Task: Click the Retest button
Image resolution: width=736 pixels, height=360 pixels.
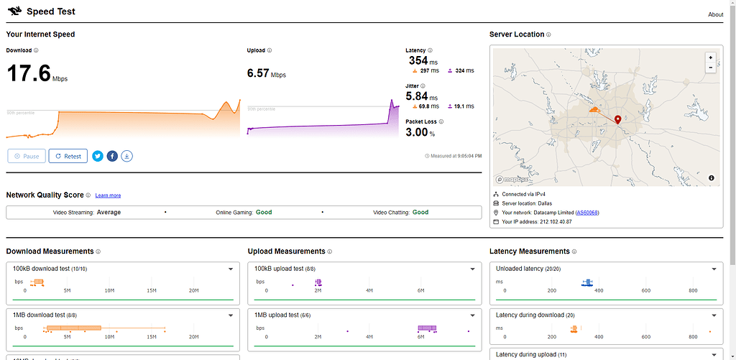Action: click(x=68, y=156)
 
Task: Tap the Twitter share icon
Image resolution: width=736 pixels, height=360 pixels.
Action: click(x=98, y=156)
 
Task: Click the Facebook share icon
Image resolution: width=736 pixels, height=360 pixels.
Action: click(x=112, y=156)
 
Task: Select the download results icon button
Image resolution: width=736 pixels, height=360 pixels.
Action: click(x=126, y=156)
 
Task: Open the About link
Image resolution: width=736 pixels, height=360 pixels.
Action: click(x=715, y=14)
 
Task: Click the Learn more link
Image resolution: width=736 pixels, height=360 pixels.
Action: click(x=108, y=195)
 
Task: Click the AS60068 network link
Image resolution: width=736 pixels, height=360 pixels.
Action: click(x=587, y=213)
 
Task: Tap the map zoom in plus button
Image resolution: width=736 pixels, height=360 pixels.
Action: click(x=711, y=57)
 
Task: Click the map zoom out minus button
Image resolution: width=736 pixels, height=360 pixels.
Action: click(x=711, y=68)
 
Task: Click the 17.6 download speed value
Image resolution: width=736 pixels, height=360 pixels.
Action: click(x=29, y=73)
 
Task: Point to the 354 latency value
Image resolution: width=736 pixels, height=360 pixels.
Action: click(x=418, y=61)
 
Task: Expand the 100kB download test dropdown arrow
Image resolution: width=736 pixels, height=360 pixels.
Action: click(x=231, y=269)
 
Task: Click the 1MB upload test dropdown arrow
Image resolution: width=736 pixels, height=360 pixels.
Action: click(x=472, y=315)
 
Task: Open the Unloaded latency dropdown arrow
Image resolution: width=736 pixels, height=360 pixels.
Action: click(x=714, y=269)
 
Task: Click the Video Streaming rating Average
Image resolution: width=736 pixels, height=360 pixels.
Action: click(x=109, y=213)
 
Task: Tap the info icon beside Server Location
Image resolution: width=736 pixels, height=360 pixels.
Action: click(x=548, y=34)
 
